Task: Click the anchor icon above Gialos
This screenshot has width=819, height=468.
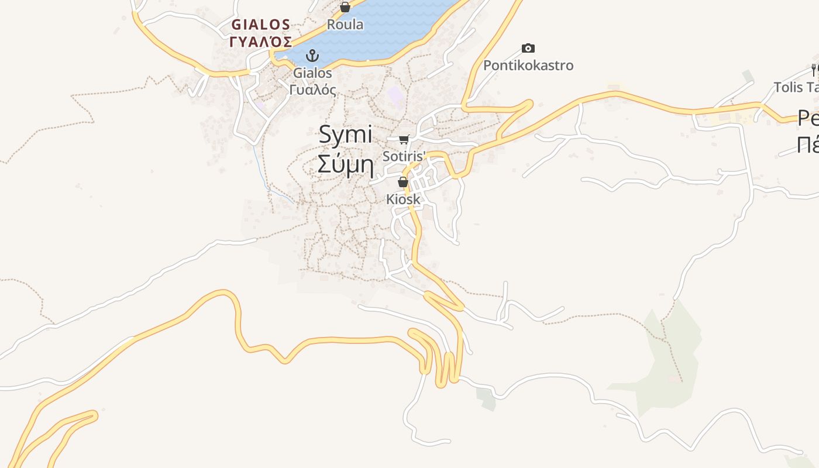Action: click(313, 56)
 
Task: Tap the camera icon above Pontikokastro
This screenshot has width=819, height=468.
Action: click(528, 48)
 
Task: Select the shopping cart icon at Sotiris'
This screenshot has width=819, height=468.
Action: click(404, 139)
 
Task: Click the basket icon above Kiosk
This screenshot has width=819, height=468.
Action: click(402, 182)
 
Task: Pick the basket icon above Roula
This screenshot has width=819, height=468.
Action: click(345, 7)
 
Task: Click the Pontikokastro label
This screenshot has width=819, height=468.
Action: click(528, 65)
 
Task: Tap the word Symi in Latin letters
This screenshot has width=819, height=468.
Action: click(345, 135)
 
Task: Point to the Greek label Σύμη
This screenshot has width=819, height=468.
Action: click(345, 164)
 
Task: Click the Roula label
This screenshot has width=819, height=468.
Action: click(345, 25)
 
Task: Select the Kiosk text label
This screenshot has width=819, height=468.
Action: click(403, 199)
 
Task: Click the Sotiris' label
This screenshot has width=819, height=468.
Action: click(404, 156)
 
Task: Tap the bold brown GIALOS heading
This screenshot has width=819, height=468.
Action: click(261, 25)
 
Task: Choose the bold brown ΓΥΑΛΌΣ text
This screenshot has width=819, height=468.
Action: click(261, 42)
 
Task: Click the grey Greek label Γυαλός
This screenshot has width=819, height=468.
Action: click(313, 90)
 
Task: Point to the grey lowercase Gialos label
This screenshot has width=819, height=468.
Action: click(313, 73)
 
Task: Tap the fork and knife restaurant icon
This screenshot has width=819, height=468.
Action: click(814, 71)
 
